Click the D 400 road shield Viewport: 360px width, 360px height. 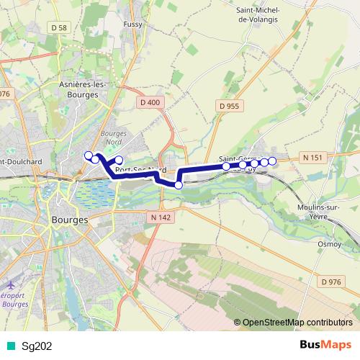click(x=150, y=102)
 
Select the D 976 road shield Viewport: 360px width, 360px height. click(x=330, y=282)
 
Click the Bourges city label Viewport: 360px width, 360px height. click(x=70, y=220)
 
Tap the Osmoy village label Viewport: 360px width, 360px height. click(x=330, y=244)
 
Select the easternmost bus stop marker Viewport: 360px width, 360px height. click(x=272, y=161)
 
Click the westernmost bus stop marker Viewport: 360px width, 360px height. click(x=89, y=155)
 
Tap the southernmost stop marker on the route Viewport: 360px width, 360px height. click(x=179, y=185)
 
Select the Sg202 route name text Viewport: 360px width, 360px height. click(x=36, y=346)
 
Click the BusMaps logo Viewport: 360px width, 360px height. click(x=325, y=345)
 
